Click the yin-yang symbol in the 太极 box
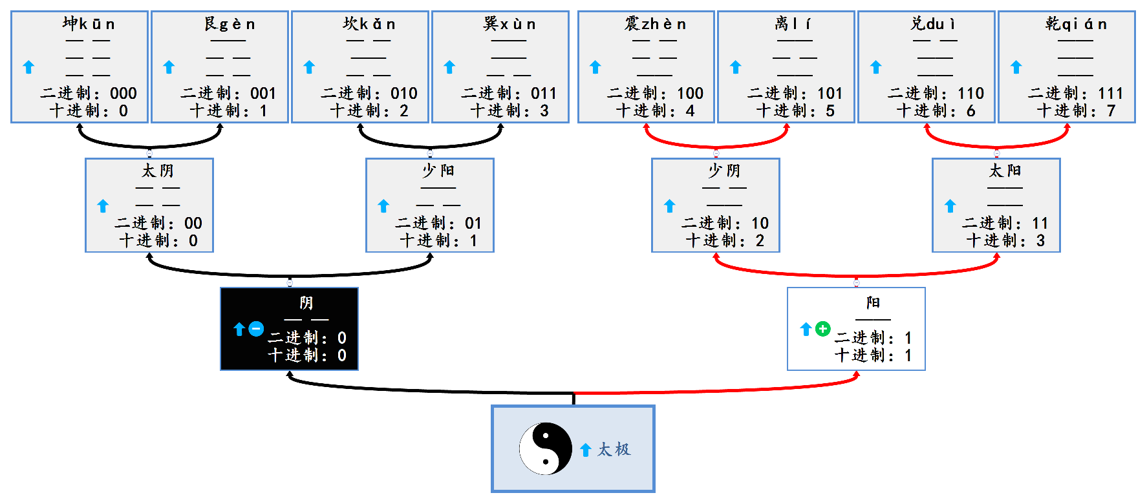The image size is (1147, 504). (545, 448)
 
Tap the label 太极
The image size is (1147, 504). (614, 450)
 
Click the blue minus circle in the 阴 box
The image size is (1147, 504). (256, 329)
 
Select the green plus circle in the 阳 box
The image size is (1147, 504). (822, 329)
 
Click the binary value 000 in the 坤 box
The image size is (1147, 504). (123, 94)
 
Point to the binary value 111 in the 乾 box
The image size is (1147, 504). (1110, 94)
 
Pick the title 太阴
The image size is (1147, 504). (158, 171)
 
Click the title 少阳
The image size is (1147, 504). (438, 171)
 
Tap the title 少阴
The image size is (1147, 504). (724, 171)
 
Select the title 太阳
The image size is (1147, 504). (1005, 171)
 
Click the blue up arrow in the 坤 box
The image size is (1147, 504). (28, 67)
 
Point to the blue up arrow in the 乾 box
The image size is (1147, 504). (1016, 67)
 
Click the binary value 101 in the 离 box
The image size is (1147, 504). (830, 94)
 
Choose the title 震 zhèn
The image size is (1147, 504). (654, 25)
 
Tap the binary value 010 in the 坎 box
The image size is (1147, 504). (403, 94)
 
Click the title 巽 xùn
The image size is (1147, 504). (509, 25)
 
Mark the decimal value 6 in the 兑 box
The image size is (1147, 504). (970, 111)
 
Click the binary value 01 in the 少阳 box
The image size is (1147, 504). (473, 224)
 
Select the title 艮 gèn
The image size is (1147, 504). (230, 25)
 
